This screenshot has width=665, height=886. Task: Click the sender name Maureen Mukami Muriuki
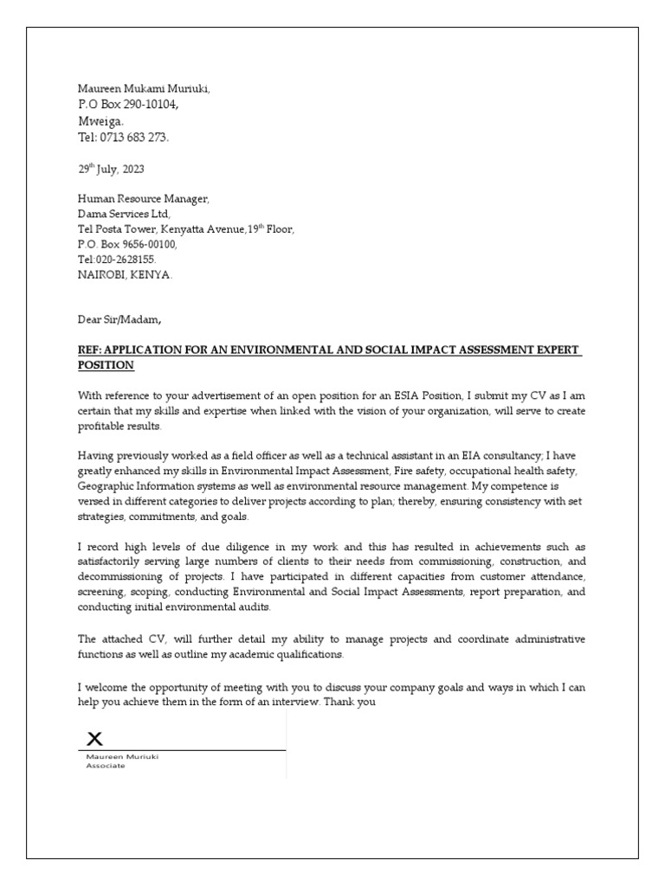143,89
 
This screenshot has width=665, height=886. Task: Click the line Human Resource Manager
143,199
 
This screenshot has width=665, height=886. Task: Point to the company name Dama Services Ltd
124,214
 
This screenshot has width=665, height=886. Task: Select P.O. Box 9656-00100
126,245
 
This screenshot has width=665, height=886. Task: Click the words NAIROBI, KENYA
125,274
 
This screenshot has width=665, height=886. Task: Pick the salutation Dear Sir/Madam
119,320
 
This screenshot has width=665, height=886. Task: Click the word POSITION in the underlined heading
106,365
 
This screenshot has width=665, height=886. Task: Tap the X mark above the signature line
95,737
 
